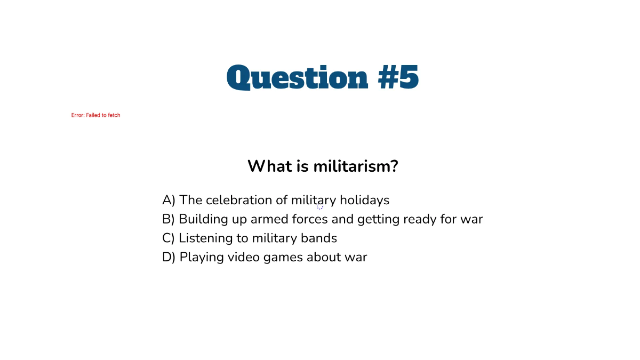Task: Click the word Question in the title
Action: click(298, 78)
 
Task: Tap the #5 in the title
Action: click(398, 78)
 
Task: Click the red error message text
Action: click(96, 115)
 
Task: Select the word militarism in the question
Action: click(355, 166)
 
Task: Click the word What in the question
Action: click(269, 166)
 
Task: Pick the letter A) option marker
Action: click(169, 201)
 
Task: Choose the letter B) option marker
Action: click(169, 219)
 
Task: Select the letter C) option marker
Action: click(169, 238)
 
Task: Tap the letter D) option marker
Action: click(169, 257)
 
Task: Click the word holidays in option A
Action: click(365, 201)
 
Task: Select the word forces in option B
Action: click(310, 219)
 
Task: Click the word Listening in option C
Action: click(205, 238)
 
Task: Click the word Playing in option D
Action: click(202, 258)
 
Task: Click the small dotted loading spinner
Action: click(320, 207)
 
